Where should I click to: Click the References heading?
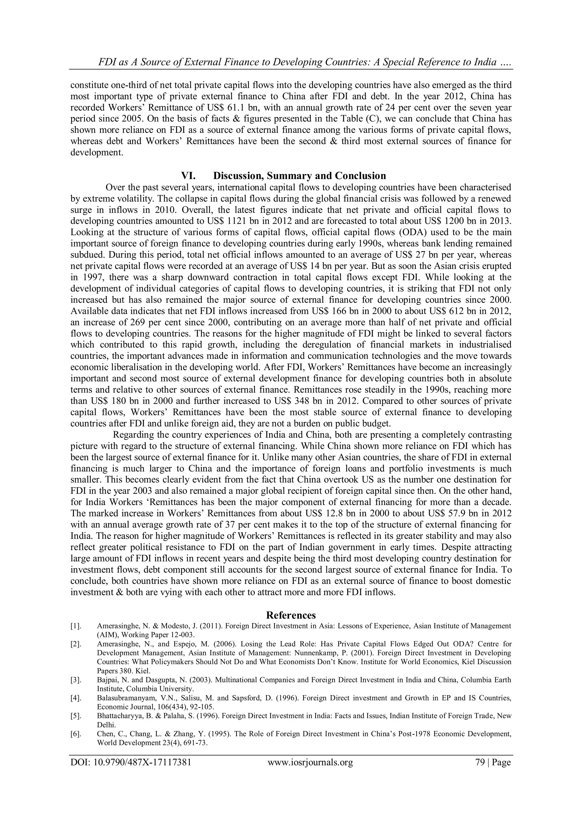point(291,615)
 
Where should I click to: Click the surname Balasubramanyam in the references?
point(122,698)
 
